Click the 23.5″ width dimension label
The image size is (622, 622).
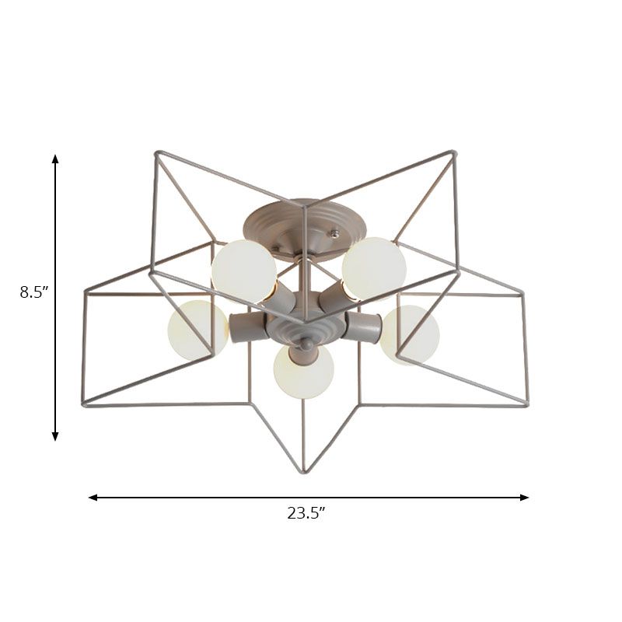click(306, 512)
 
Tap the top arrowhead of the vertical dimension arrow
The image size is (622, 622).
click(55, 159)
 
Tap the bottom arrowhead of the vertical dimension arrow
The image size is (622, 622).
click(55, 437)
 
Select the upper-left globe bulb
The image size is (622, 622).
click(244, 271)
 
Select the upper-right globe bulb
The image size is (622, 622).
click(374, 268)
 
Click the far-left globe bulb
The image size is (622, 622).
click(196, 330)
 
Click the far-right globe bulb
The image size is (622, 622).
click(411, 334)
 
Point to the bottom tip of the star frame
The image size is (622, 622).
click(303, 472)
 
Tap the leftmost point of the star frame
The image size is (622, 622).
click(82, 404)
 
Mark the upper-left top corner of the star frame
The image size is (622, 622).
click(155, 152)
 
